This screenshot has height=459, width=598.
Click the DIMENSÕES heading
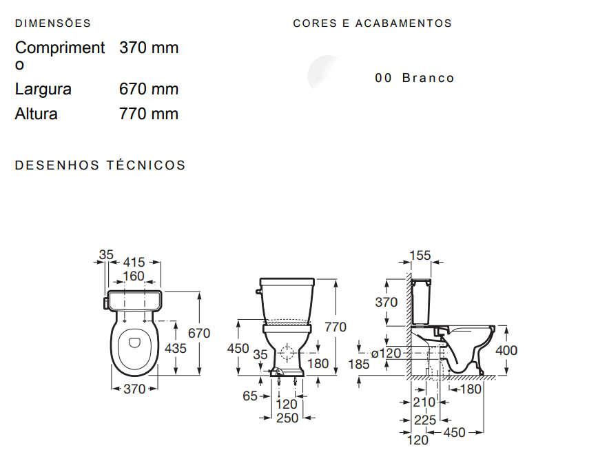pos(53,23)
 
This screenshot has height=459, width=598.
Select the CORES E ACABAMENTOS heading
pos(372,23)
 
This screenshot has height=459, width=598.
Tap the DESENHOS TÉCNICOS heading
pos(101,165)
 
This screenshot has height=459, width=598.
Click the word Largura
pos(43,89)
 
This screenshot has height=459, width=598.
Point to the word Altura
pos(37,114)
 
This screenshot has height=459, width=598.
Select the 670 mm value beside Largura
pos(149,89)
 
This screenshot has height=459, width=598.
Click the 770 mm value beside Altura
pos(149,114)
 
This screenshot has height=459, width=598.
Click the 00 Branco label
pos(415,78)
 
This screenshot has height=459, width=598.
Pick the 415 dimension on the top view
pos(134,263)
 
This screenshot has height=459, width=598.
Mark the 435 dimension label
pos(175,349)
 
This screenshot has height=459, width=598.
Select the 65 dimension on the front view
pos(250,396)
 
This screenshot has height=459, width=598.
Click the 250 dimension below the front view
pos(287,418)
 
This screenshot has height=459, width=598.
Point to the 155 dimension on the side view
pos(420,256)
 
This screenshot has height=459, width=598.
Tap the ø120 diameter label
pos(386,354)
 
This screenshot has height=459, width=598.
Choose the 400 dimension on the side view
pos(506,350)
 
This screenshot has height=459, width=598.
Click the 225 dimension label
pos(425,419)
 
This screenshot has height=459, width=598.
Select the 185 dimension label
pos(358,364)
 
